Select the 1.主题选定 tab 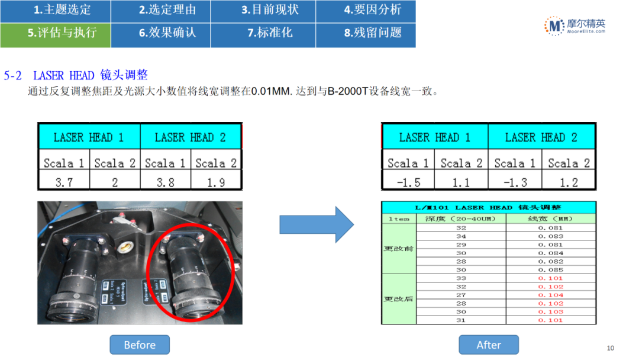click(x=56, y=10)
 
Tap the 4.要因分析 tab click(x=365, y=10)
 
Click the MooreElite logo click(x=575, y=25)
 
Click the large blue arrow click(x=317, y=224)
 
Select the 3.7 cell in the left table click(x=64, y=182)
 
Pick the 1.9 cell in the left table click(x=216, y=182)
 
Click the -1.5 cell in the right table click(x=408, y=182)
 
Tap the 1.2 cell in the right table click(x=569, y=182)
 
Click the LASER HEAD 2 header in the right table click(x=541, y=137)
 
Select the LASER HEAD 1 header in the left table click(x=89, y=137)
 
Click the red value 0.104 click(x=550, y=295)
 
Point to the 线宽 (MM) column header click(x=550, y=218)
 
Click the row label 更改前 click(x=399, y=249)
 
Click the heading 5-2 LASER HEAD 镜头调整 click(x=76, y=75)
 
